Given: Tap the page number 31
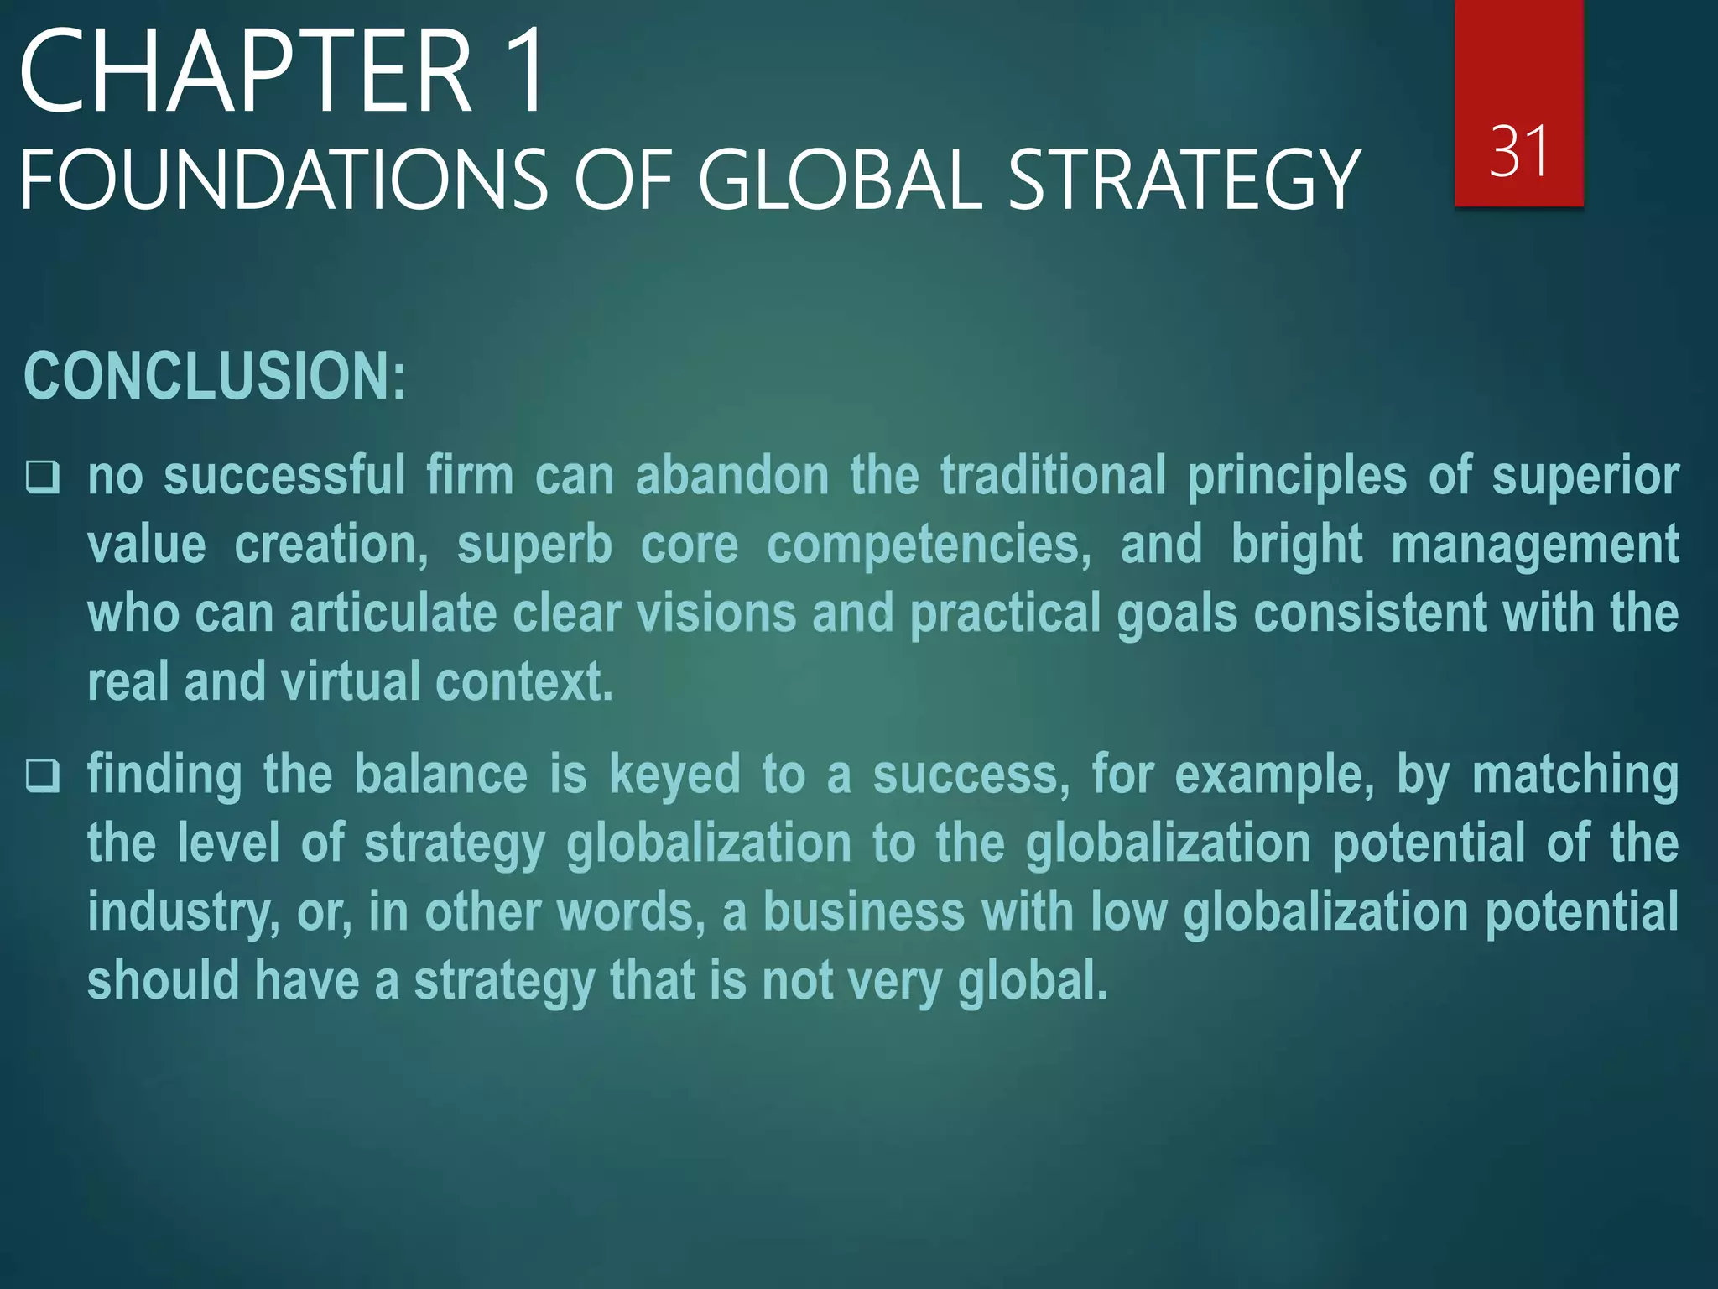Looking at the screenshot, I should point(1518,151).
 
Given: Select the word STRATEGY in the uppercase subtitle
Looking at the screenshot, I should point(1183,180).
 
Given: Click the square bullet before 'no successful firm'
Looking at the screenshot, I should point(42,477).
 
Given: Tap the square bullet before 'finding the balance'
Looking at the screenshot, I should point(42,775).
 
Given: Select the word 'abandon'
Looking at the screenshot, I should point(732,476).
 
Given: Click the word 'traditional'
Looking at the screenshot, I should point(1053,476).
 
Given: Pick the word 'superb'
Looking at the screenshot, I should point(534,545).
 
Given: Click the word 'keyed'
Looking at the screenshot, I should point(674,775).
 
